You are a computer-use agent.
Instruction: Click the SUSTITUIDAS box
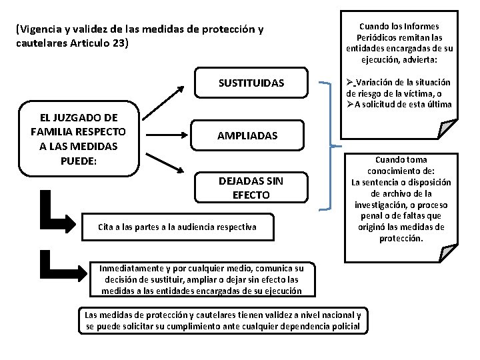(251, 83)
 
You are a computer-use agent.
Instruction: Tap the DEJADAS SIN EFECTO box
(251, 188)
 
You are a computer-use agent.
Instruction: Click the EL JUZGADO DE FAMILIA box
(78, 135)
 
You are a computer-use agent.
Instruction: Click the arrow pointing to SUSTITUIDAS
(165, 101)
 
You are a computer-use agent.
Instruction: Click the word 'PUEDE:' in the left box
(78, 161)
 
